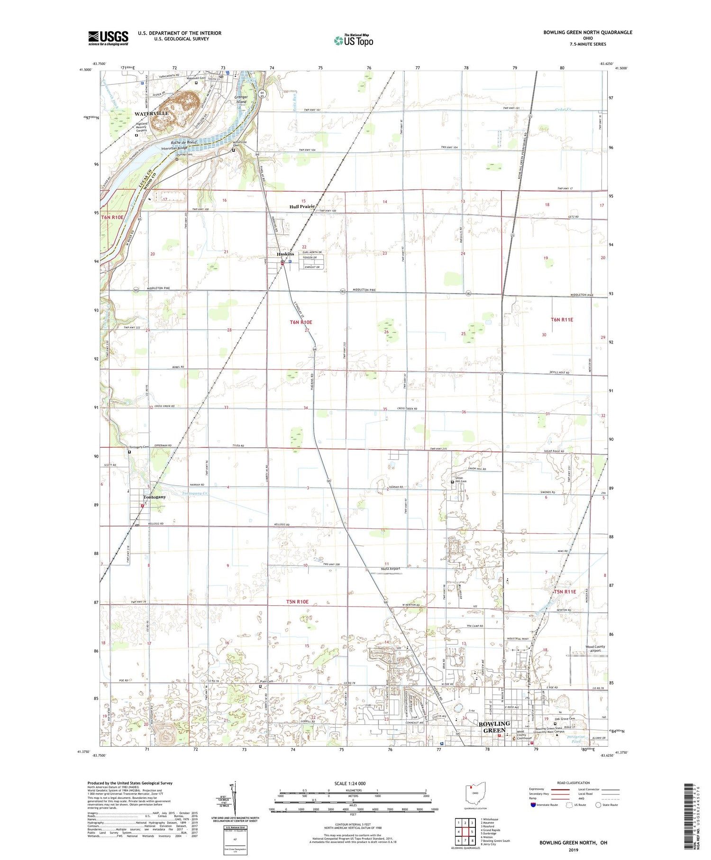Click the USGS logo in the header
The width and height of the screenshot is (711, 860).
pyautogui.click(x=108, y=38)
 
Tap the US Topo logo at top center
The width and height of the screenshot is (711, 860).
pyautogui.click(x=353, y=40)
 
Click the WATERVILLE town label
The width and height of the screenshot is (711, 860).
pyautogui.click(x=151, y=114)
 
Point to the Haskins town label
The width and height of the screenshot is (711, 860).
pyautogui.click(x=285, y=254)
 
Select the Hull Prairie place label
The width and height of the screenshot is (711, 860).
pyautogui.click(x=302, y=207)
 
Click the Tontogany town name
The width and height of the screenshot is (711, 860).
pyautogui.click(x=155, y=497)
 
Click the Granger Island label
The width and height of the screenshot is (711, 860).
pyautogui.click(x=242, y=99)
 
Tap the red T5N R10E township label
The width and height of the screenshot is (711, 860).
pyautogui.click(x=297, y=602)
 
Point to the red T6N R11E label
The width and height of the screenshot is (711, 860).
pyautogui.click(x=562, y=320)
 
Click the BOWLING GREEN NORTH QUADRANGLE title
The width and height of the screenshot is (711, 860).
pyautogui.click(x=588, y=32)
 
